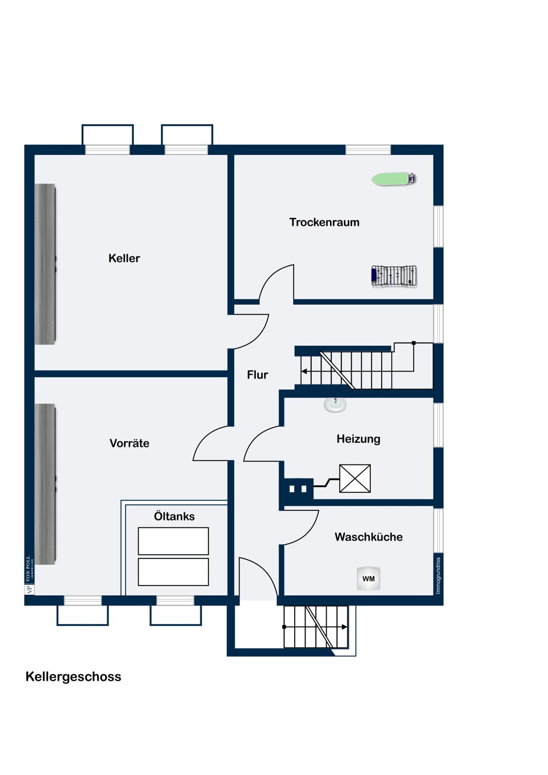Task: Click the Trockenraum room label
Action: (324, 222)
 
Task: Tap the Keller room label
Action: (124, 258)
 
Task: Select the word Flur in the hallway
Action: (257, 375)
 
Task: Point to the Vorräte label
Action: (129, 443)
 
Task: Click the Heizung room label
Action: (358, 439)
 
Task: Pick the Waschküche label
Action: (368, 537)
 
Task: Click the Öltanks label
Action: (174, 516)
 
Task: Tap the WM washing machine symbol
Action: (369, 579)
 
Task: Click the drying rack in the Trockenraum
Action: (394, 276)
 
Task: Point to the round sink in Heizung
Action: (335, 405)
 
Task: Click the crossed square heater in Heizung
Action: (355, 478)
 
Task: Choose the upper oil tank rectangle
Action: (173, 541)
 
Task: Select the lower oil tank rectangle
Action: (173, 571)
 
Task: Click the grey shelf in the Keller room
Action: (45, 263)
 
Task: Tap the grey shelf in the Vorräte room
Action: (45, 484)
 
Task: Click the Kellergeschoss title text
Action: (73, 677)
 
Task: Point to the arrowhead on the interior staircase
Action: (305, 371)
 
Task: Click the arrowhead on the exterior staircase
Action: (344, 627)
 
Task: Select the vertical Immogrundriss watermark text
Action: (438, 575)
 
